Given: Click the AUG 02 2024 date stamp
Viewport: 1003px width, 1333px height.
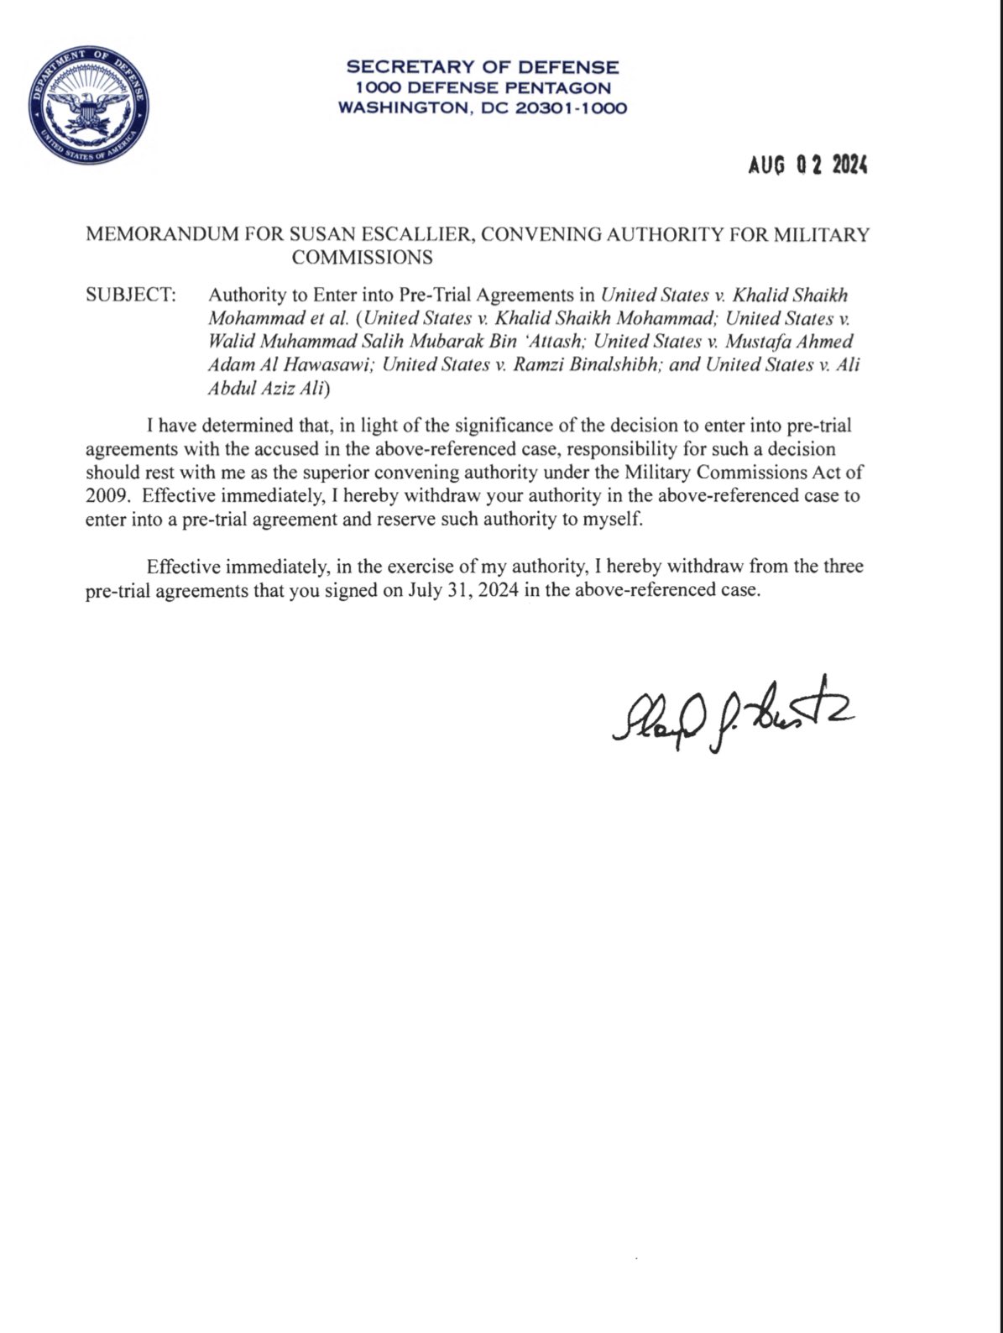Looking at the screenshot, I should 807,165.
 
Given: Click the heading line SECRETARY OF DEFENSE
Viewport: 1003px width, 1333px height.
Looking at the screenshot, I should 483,66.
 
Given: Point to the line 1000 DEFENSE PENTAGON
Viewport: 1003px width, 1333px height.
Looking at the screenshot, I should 483,87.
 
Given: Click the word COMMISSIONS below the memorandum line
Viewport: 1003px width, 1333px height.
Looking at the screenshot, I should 362,257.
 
